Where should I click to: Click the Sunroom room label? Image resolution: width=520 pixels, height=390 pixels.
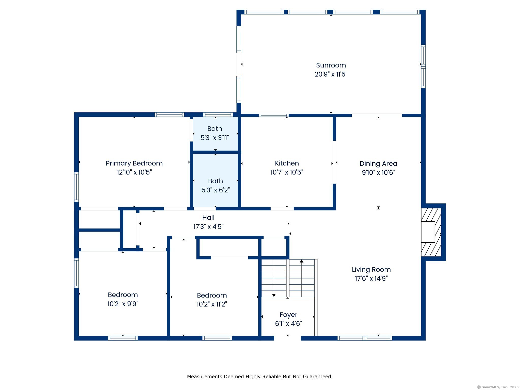[x=331, y=65]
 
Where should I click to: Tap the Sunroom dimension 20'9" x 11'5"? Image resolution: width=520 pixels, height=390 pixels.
[x=331, y=74]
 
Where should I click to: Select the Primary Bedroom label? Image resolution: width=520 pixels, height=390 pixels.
[x=134, y=163]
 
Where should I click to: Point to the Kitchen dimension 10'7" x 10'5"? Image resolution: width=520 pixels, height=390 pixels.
[x=287, y=172]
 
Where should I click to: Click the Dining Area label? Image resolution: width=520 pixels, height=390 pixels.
[x=378, y=164]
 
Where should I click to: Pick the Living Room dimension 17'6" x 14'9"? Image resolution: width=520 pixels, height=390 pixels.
[x=371, y=278]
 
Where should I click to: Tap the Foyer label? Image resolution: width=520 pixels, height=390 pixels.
[x=288, y=315]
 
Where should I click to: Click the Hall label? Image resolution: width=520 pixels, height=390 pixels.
[x=208, y=218]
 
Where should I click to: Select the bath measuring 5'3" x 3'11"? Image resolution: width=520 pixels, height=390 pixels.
[x=215, y=133]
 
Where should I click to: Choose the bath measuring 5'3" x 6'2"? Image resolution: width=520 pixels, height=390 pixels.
[x=216, y=181]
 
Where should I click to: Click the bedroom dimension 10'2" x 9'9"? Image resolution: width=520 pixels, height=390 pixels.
[x=123, y=304]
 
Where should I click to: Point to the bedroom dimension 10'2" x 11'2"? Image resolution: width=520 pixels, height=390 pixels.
[x=212, y=304]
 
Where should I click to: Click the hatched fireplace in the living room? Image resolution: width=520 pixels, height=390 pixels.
[x=431, y=232]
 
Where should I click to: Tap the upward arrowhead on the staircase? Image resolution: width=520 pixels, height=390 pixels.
[x=302, y=261]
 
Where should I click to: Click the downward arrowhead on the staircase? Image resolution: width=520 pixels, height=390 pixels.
[x=274, y=295]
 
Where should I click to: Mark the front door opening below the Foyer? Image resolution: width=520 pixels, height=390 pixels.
[x=287, y=338]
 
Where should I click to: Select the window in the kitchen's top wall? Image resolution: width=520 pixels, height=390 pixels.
[x=274, y=115]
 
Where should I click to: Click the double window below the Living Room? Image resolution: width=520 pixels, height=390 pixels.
[x=365, y=338]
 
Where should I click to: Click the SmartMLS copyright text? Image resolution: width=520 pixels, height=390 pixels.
[x=498, y=387]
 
